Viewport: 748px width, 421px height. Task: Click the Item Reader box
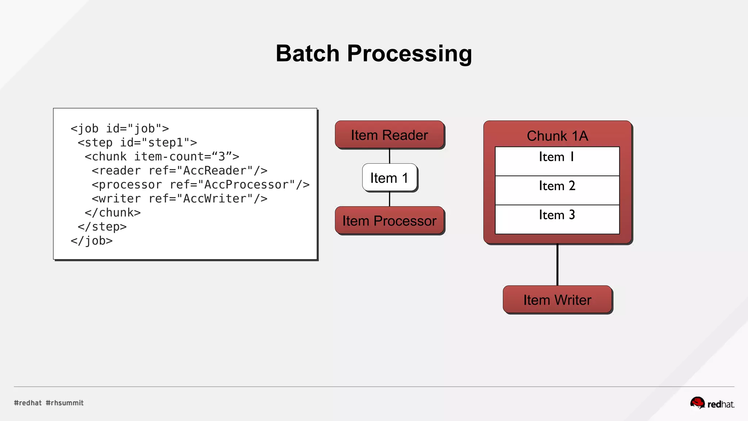(x=389, y=135)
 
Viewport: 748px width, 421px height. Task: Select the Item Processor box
(x=389, y=221)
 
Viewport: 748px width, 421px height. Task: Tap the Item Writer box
(x=557, y=300)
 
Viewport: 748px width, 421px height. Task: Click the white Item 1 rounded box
(x=389, y=178)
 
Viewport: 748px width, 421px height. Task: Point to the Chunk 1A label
(x=557, y=136)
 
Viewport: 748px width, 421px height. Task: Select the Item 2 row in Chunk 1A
(x=557, y=190)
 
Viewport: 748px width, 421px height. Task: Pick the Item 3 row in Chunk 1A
(x=557, y=219)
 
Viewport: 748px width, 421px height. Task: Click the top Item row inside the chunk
(x=557, y=161)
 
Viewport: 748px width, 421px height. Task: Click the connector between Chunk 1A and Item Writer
(x=557, y=265)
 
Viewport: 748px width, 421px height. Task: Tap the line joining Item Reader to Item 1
(x=389, y=156)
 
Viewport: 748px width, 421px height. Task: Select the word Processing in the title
(x=409, y=53)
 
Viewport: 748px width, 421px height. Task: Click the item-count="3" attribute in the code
(x=186, y=157)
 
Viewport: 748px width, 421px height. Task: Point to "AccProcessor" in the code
(x=247, y=185)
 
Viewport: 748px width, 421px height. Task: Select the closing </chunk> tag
(x=112, y=213)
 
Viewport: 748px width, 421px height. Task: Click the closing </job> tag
(x=91, y=241)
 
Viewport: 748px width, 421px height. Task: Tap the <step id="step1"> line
(x=137, y=143)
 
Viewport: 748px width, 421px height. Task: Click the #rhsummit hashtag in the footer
(x=65, y=403)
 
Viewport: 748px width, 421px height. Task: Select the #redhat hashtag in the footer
(x=28, y=403)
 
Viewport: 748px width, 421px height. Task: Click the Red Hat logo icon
(x=697, y=403)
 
